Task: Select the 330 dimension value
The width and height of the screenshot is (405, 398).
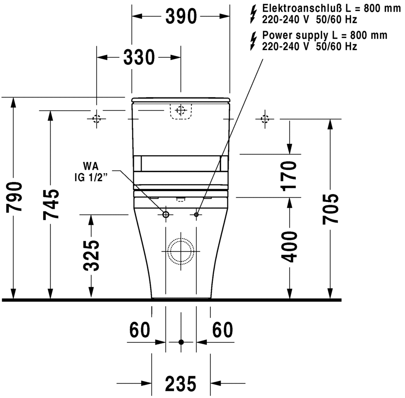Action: (139, 57)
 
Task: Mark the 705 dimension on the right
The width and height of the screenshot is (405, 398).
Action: (331, 209)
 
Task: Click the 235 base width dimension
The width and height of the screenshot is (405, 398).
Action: (180, 383)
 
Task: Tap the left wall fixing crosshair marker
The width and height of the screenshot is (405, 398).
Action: (96, 119)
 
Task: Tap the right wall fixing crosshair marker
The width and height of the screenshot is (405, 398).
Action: (265, 119)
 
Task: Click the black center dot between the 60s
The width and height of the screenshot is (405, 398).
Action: (181, 342)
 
